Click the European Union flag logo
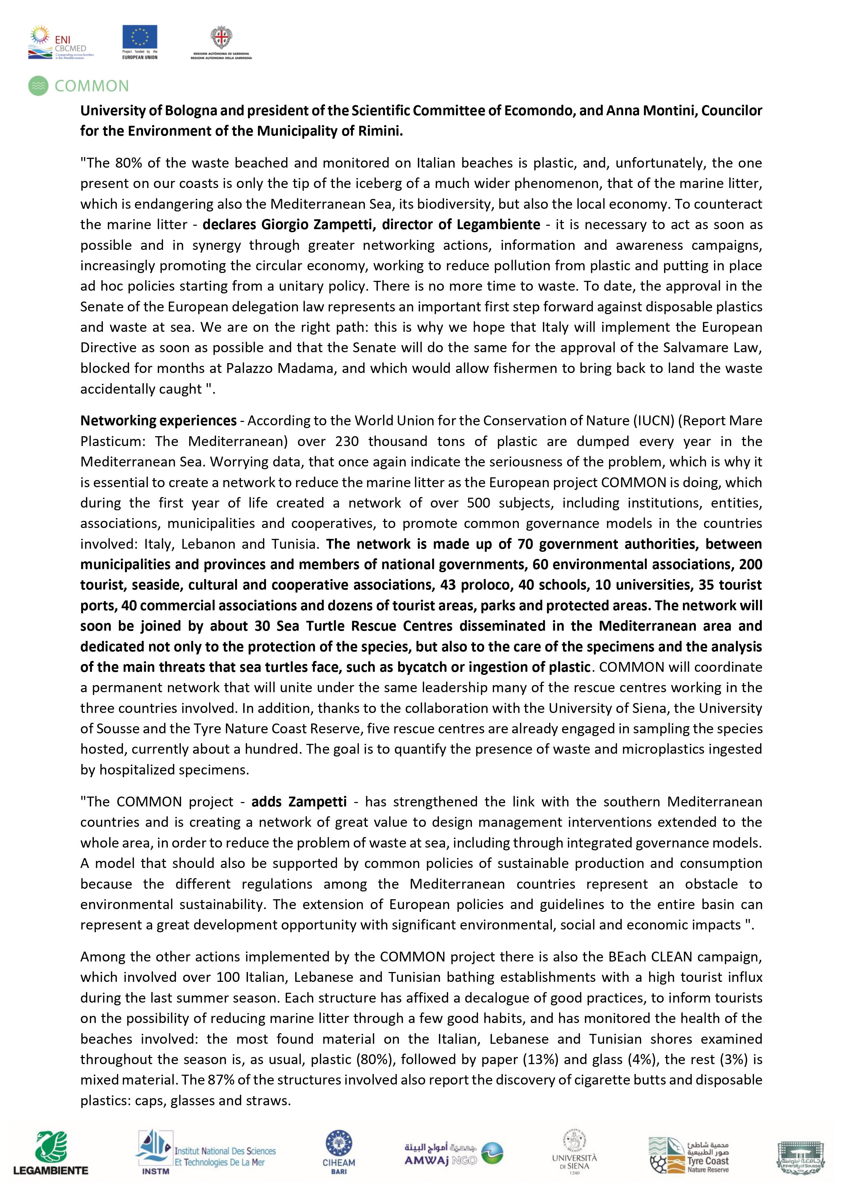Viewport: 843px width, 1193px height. [x=140, y=37]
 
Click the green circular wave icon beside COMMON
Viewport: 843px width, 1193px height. [x=38, y=86]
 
